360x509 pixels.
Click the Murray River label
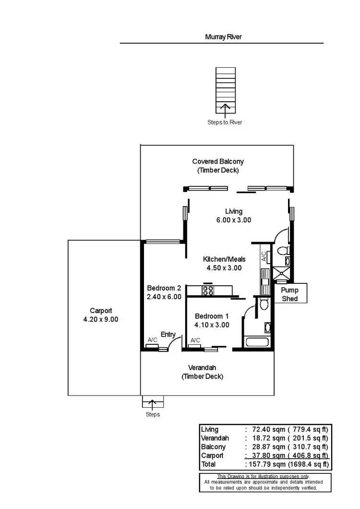click(223, 36)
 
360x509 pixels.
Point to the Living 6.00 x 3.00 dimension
click(234, 220)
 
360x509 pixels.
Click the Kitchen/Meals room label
click(224, 259)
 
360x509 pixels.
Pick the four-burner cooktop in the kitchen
click(208, 290)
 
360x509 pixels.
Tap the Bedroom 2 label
click(164, 288)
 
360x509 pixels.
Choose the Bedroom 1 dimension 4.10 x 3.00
click(212, 325)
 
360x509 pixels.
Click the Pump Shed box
click(290, 294)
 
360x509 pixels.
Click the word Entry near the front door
click(168, 335)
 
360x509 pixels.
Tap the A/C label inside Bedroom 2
click(153, 340)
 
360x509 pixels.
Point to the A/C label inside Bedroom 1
click(195, 340)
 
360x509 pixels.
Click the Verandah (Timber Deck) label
click(202, 372)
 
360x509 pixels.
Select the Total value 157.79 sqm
click(265, 464)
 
